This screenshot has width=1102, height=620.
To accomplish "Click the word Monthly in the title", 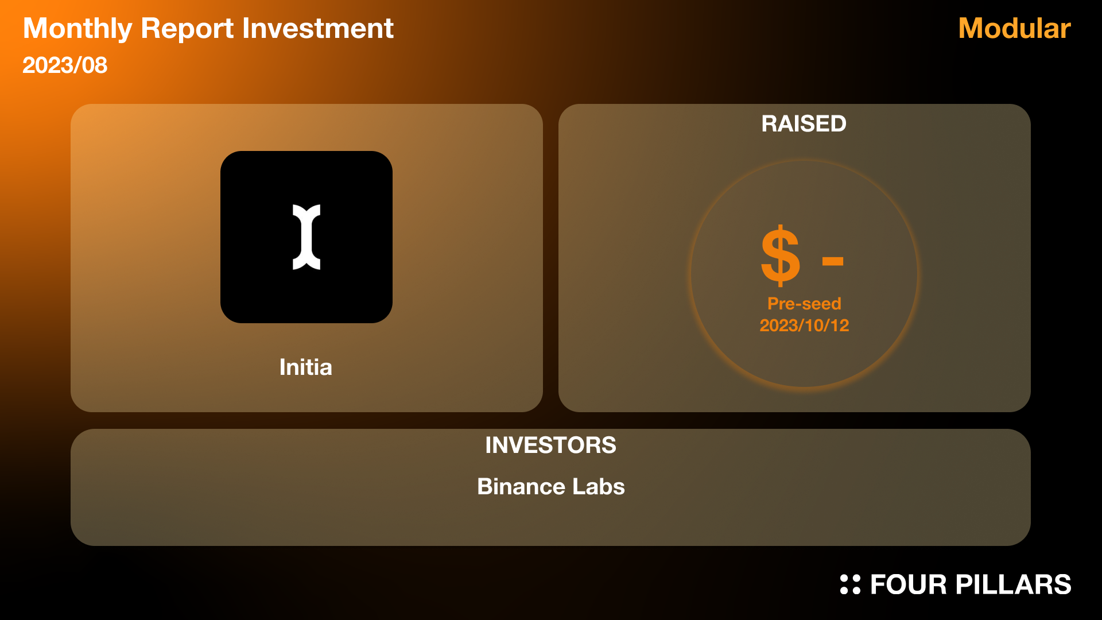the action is click(x=77, y=29).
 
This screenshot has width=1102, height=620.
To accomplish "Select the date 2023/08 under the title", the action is click(x=65, y=65).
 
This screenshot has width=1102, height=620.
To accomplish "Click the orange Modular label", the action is click(x=1014, y=28).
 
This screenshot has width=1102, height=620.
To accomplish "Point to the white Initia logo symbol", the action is click(x=306, y=237).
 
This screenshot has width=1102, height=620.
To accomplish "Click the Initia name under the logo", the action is click(x=306, y=367).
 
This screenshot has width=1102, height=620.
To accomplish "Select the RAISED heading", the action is click(x=804, y=123).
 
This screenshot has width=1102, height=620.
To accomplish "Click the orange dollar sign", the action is click(x=780, y=255).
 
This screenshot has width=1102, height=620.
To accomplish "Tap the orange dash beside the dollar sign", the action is click(x=832, y=262).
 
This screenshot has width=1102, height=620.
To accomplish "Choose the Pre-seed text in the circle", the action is click(x=804, y=304).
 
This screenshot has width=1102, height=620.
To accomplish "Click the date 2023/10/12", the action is click(x=804, y=325).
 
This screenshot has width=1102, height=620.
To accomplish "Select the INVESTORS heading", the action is click(x=550, y=445).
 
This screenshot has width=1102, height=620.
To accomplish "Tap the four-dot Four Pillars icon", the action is click(x=850, y=584).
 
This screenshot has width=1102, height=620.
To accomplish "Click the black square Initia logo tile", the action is click(x=306, y=237).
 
